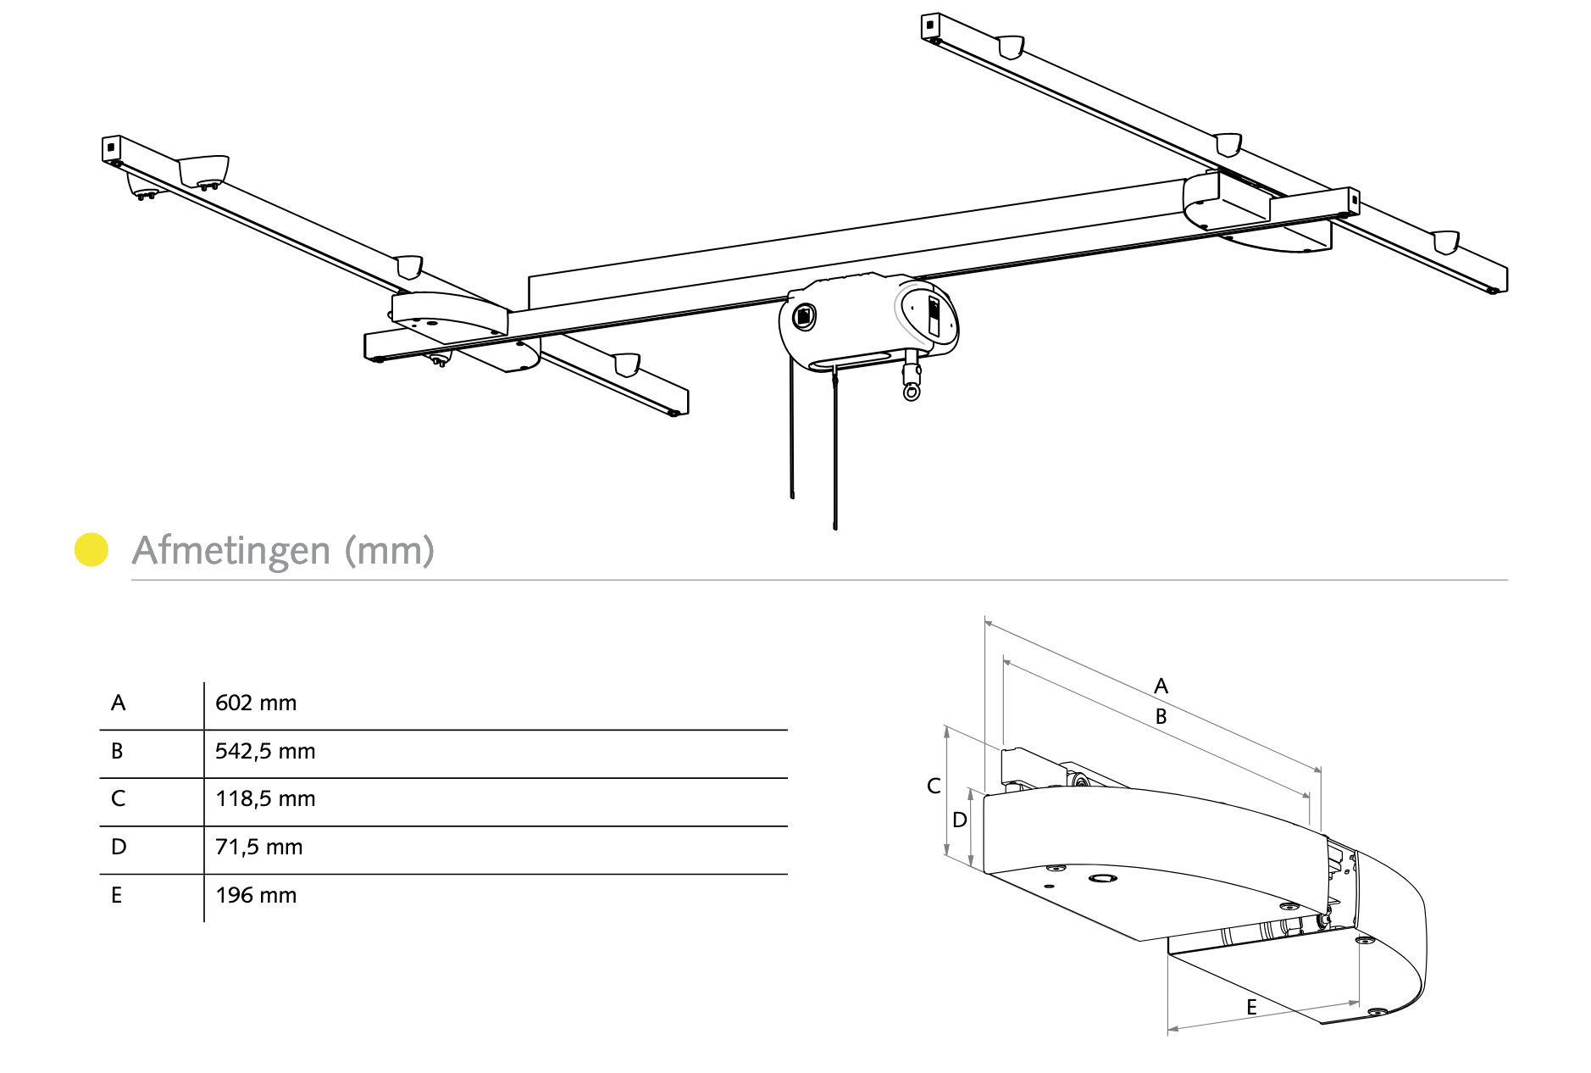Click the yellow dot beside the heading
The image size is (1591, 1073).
click(x=91, y=549)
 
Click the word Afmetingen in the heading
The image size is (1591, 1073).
click(x=231, y=551)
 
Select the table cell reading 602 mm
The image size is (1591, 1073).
click(x=256, y=703)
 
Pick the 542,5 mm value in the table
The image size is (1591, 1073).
click(x=265, y=751)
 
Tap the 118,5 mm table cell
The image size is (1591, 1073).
click(x=265, y=798)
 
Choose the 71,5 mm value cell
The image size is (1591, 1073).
click(x=258, y=847)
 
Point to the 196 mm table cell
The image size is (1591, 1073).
click(x=256, y=895)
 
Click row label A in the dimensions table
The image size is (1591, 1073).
click(x=119, y=703)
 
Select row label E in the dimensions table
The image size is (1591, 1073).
click(x=117, y=895)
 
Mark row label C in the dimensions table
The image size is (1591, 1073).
click(x=119, y=798)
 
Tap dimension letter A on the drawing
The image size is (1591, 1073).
click(x=1161, y=686)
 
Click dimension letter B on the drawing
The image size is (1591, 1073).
click(x=1161, y=716)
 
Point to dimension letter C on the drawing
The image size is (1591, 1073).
click(x=934, y=786)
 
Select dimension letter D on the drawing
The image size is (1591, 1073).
click(x=959, y=820)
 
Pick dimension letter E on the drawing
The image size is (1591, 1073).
click(x=1251, y=1007)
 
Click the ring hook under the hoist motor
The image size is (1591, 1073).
click(x=912, y=391)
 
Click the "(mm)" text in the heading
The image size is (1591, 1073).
click(x=390, y=551)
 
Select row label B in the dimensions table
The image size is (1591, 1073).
click(x=118, y=751)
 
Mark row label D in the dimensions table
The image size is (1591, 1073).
click(x=119, y=847)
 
